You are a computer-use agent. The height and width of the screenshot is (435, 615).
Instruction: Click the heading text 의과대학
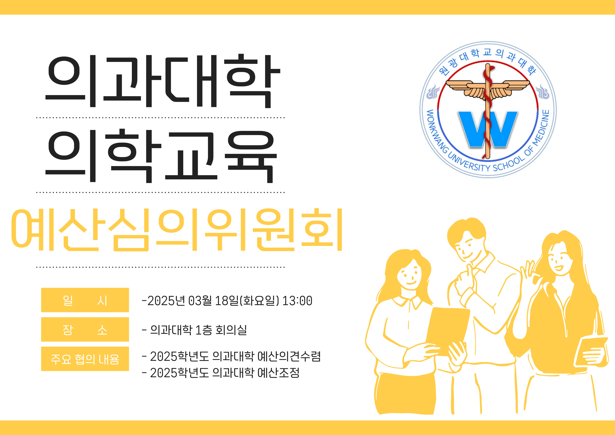click(x=163, y=81)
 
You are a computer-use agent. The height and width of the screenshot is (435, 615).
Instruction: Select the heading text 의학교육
click(x=161, y=156)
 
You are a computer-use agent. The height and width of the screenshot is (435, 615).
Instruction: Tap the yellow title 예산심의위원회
click(x=177, y=230)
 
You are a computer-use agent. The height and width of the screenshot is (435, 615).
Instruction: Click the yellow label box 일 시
click(x=85, y=300)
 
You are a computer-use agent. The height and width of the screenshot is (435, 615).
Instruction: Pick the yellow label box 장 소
click(x=85, y=329)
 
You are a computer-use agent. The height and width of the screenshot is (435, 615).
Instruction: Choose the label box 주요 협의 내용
click(x=85, y=359)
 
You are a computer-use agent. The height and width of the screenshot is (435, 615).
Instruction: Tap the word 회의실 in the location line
click(x=231, y=330)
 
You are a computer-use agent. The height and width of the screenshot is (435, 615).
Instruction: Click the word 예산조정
click(x=278, y=373)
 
